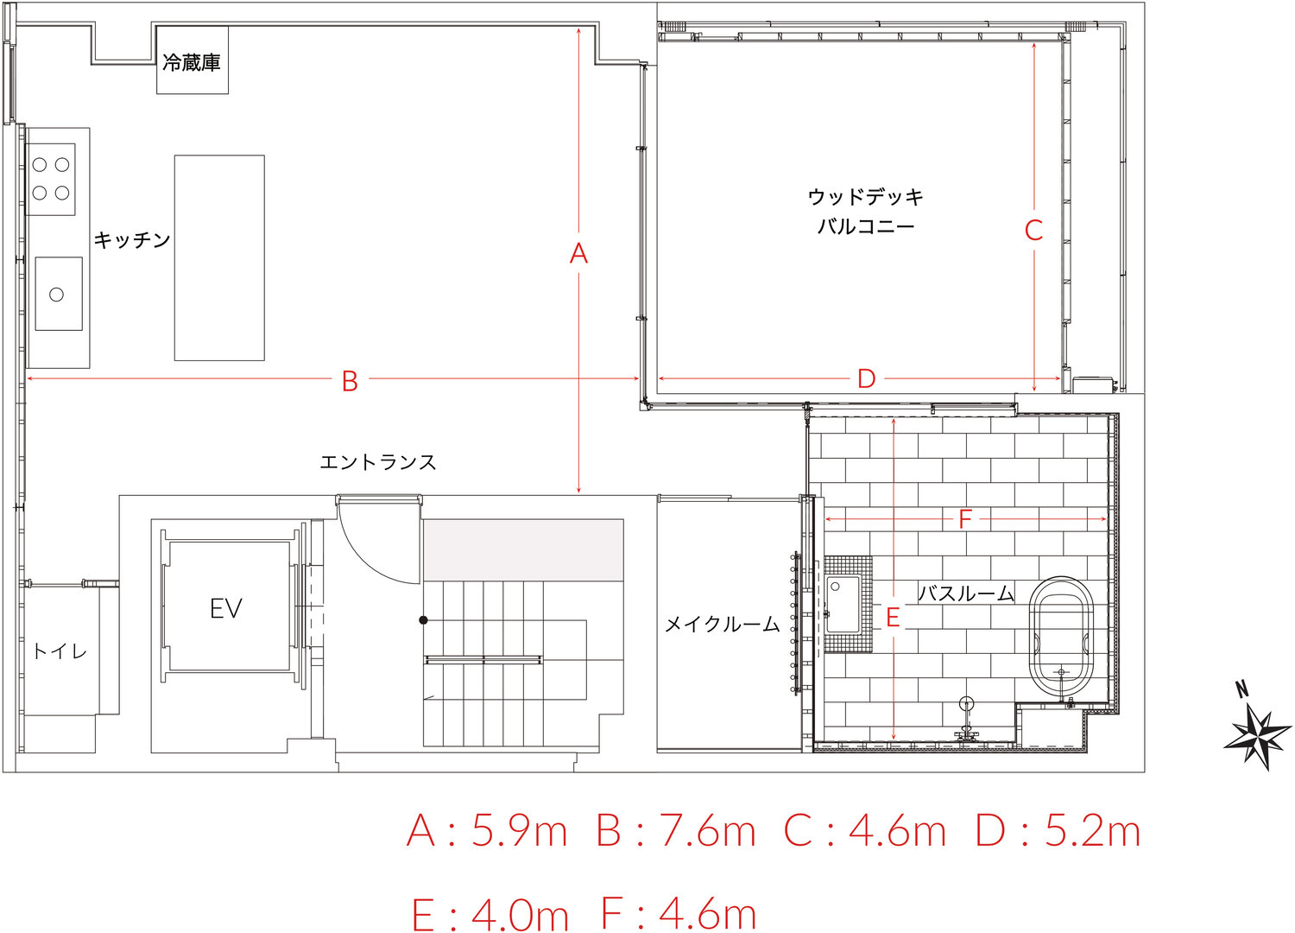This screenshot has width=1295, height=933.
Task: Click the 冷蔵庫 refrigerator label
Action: click(x=192, y=62)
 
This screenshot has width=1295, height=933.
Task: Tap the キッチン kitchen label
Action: click(x=132, y=239)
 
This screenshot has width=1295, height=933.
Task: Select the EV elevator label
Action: click(x=226, y=608)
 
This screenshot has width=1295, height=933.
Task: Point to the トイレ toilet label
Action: click(x=60, y=652)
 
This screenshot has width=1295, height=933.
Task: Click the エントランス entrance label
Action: click(x=378, y=462)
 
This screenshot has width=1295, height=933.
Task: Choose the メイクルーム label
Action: click(x=722, y=624)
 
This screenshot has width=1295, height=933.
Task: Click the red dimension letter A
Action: click(x=578, y=254)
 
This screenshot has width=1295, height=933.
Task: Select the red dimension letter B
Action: click(x=350, y=381)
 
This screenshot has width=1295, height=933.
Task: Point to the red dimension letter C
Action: click(x=1033, y=230)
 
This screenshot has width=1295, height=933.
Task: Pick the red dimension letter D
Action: click(x=866, y=379)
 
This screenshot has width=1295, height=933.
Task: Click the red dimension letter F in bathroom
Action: click(x=965, y=519)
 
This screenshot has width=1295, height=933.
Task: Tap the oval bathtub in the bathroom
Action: click(x=1063, y=640)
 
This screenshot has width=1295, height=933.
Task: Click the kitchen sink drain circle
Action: click(x=56, y=295)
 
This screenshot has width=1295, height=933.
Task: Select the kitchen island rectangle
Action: click(x=219, y=258)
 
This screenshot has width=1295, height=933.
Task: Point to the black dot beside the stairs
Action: click(x=423, y=620)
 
